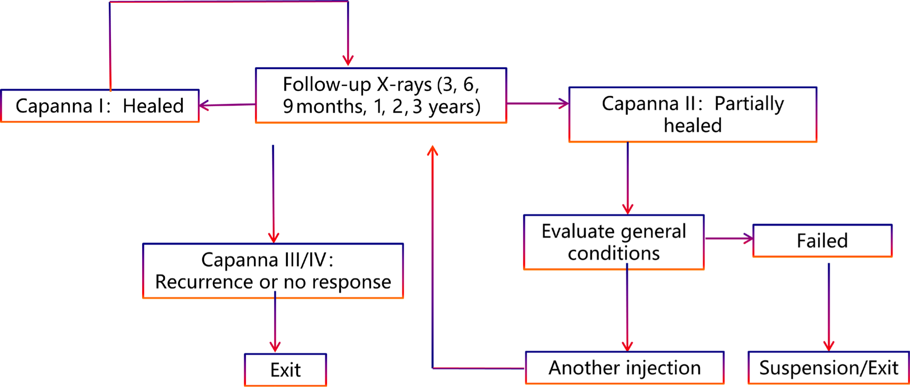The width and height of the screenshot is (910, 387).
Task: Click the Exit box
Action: [x=286, y=370]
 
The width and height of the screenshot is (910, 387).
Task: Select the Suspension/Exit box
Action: [x=828, y=367]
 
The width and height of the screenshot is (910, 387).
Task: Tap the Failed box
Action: [x=822, y=241]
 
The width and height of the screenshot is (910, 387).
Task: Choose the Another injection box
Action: [x=625, y=367]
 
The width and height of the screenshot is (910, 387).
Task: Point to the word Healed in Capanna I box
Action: [x=153, y=106]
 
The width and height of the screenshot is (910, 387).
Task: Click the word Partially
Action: [x=749, y=104]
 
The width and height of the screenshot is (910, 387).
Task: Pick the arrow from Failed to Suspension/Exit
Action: [x=829, y=307]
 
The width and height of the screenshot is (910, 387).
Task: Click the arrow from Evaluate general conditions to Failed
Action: [x=729, y=239]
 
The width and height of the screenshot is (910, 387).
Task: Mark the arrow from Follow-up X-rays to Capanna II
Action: [x=538, y=104]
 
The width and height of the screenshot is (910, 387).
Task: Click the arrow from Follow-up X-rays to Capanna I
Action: [x=227, y=105]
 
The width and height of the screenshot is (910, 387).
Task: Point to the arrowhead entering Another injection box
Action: [x=627, y=345]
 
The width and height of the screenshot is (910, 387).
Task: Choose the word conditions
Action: [x=614, y=254]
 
